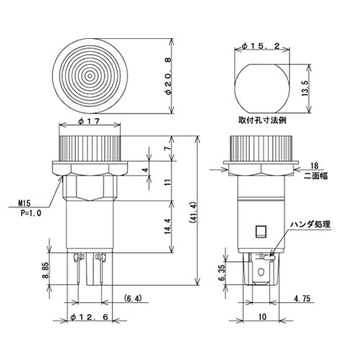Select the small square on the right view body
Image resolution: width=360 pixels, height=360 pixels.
tap(261, 231)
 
